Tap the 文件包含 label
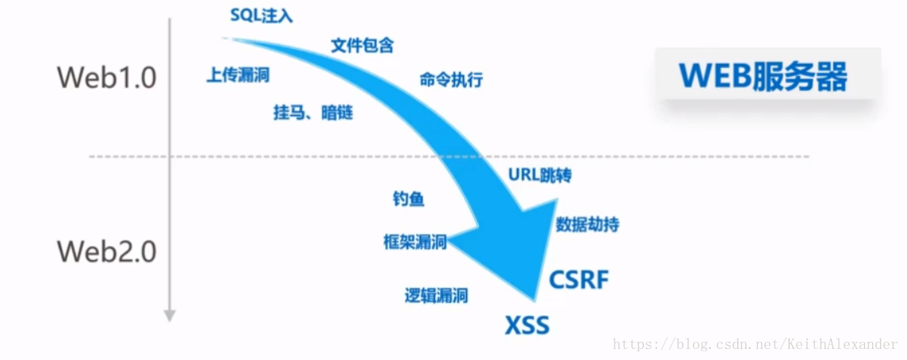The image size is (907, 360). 362,45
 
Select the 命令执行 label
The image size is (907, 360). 450,80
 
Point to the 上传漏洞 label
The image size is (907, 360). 237,75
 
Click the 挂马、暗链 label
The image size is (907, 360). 312,113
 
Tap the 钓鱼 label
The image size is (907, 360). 408,199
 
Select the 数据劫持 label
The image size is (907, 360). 587,224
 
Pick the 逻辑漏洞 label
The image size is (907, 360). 436,296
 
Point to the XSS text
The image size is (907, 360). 527,326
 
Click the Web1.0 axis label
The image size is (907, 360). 106,78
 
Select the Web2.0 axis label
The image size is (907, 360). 106,252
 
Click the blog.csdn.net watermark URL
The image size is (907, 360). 756,345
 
